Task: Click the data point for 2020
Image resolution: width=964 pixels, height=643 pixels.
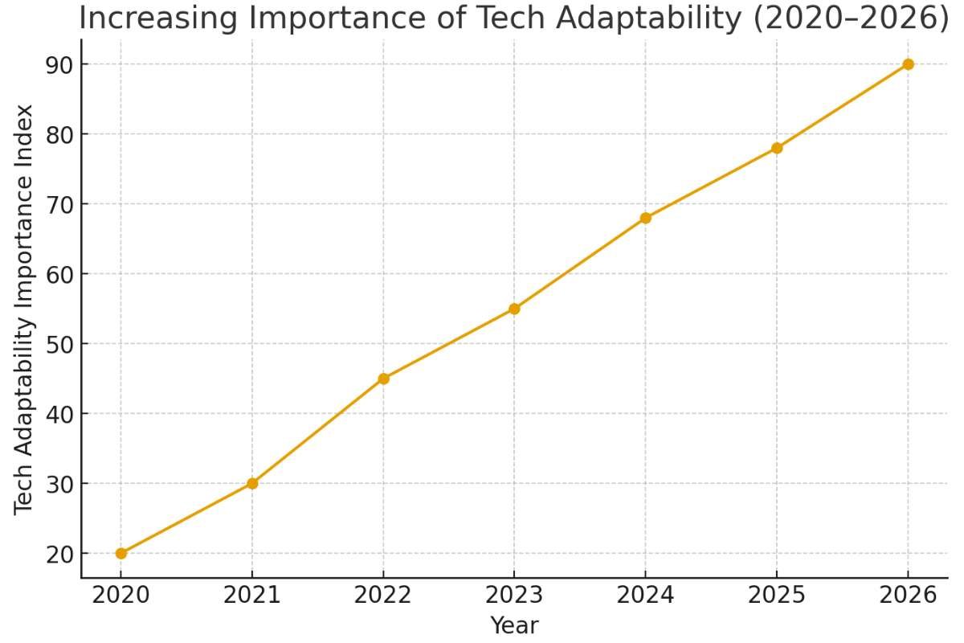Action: click(120, 553)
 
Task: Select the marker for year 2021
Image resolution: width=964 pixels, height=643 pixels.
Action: click(252, 483)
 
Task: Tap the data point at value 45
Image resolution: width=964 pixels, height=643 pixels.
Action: click(383, 379)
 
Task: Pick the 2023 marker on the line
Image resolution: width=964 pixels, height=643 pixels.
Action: click(514, 309)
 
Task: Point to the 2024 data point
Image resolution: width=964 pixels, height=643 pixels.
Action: click(645, 218)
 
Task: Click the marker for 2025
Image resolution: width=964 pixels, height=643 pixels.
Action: click(777, 148)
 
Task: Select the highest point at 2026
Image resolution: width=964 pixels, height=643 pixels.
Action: click(908, 64)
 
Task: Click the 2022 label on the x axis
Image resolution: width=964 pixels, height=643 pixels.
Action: click(383, 596)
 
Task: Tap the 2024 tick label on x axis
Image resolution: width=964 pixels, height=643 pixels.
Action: click(645, 596)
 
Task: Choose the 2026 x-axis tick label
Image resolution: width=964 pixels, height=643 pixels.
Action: click(908, 596)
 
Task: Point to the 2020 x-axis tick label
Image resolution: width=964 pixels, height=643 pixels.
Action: click(120, 596)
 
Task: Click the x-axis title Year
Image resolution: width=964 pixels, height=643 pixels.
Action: click(514, 625)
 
